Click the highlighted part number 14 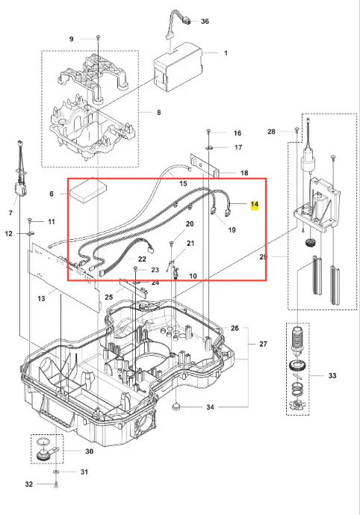pos(255,204)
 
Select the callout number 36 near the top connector pos(205,22)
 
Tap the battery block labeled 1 pos(179,67)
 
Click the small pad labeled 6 pos(88,191)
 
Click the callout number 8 pos(159,113)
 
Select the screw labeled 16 pos(208,132)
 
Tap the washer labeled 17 pos(209,147)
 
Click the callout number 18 pos(244,173)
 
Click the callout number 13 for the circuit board pos(41,298)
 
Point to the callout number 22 pos(142,259)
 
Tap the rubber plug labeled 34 pos(176,407)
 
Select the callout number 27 pos(263,344)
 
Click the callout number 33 pos(332,375)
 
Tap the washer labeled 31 pos(56,472)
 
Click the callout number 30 pos(90,451)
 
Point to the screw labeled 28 pos(297,130)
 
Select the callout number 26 pos(235,328)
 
